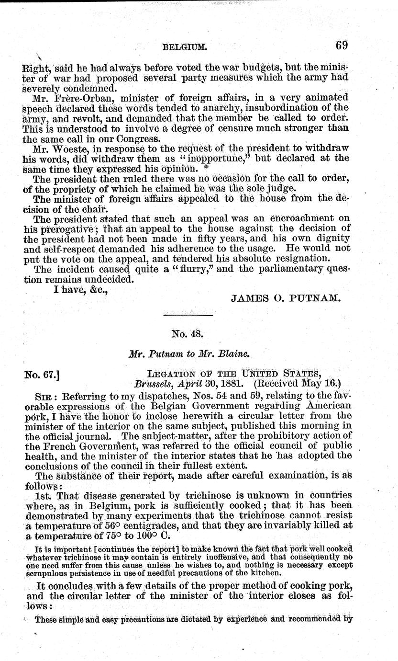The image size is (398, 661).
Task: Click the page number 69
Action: (x=341, y=46)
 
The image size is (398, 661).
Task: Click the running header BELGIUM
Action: (x=185, y=47)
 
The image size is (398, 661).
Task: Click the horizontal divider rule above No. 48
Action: (x=188, y=315)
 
